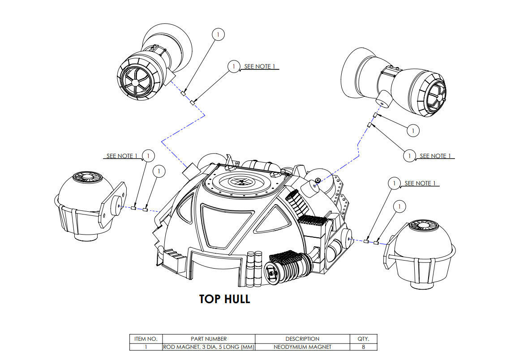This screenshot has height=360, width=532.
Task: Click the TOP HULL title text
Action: (x=224, y=299)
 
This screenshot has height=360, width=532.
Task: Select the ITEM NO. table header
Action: (x=146, y=339)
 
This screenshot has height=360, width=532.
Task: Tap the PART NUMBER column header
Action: (x=208, y=339)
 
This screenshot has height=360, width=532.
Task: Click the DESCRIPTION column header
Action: (x=302, y=339)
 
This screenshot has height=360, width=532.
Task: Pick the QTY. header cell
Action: (x=363, y=339)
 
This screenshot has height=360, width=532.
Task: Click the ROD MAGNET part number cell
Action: (x=208, y=347)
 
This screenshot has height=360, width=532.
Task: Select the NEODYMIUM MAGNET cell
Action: (x=302, y=347)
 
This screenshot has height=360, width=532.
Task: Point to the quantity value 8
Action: (x=363, y=347)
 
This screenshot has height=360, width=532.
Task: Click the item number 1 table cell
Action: (x=146, y=347)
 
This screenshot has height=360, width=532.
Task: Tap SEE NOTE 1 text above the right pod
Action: (x=420, y=183)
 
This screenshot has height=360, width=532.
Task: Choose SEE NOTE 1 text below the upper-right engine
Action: (x=434, y=156)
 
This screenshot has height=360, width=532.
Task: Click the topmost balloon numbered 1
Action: (x=218, y=34)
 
